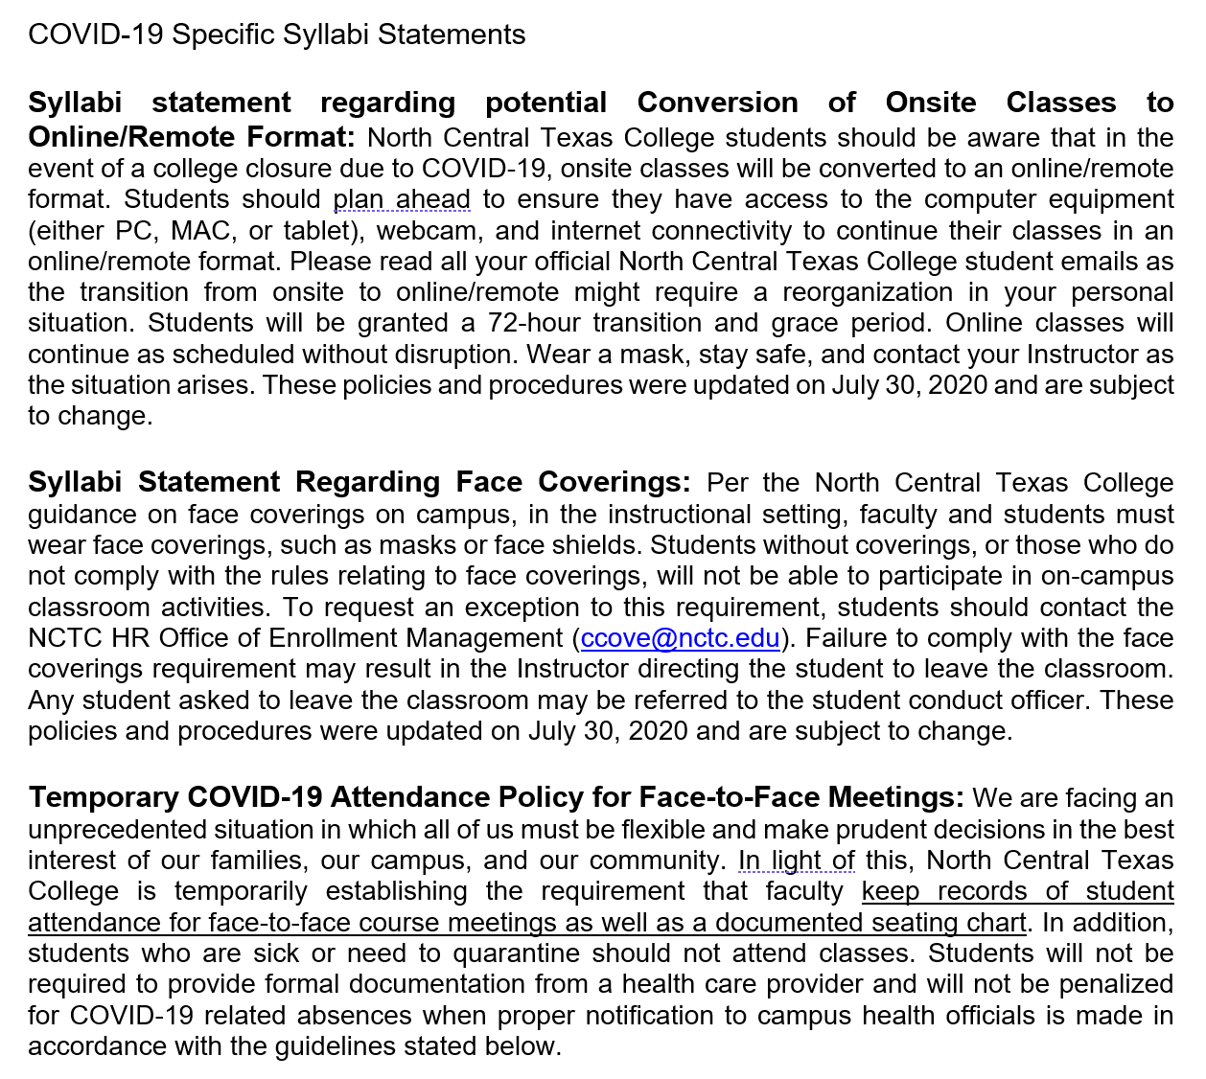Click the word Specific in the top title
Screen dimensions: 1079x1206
[222, 34]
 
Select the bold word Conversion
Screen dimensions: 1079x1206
[717, 103]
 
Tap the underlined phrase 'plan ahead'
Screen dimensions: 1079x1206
[402, 199]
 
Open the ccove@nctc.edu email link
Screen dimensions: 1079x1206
[680, 638]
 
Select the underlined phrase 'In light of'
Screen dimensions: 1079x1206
[796, 861]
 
